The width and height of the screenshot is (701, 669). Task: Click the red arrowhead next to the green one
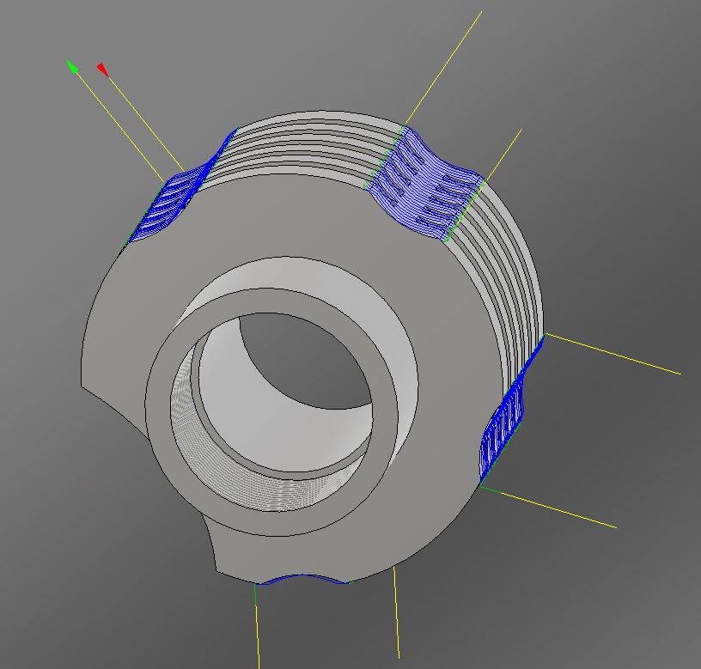102,69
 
